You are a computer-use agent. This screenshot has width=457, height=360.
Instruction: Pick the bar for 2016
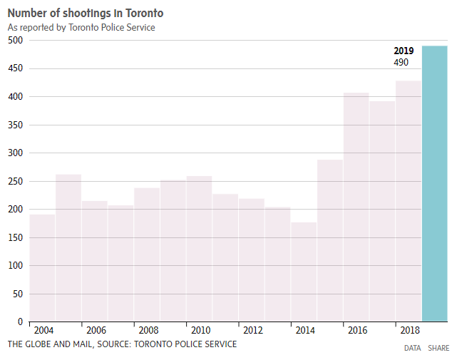click(356, 207)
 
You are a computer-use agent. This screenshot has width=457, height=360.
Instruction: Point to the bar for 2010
click(199, 249)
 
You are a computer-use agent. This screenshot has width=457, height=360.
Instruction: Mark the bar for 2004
click(42, 267)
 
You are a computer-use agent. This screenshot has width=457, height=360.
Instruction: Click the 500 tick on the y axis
click(16, 41)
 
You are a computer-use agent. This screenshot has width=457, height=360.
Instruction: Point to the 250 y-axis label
click(16, 181)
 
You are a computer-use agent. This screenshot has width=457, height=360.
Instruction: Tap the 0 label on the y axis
click(21, 322)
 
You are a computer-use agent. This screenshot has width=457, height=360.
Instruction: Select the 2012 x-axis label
click(253, 331)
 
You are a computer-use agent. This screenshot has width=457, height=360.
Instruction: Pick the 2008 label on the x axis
click(148, 331)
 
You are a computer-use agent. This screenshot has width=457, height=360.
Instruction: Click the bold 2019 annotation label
click(404, 51)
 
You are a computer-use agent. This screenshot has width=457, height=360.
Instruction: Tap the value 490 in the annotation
click(401, 63)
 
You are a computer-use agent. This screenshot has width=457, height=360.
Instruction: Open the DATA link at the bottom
click(412, 348)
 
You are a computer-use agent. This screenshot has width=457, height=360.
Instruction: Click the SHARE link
click(438, 348)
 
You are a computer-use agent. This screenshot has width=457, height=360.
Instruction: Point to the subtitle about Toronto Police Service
click(81, 27)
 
